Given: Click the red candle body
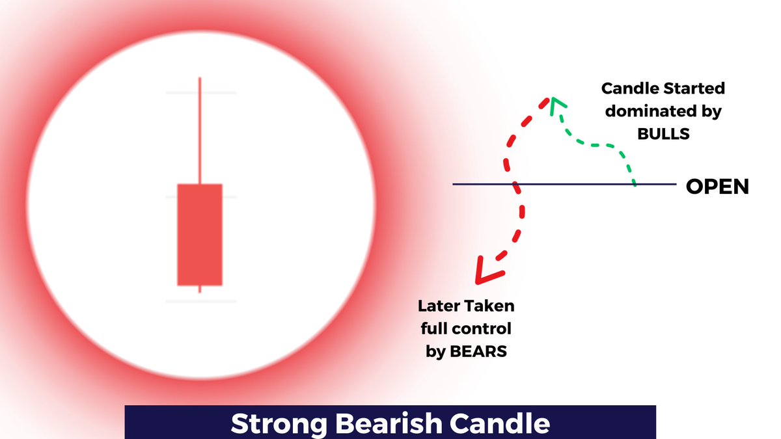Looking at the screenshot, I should [200, 234].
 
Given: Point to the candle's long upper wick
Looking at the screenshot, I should [200, 130].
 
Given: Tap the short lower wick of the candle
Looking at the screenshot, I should [200, 289].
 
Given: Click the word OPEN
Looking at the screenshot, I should [717, 187].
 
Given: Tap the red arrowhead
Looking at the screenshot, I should [485, 273].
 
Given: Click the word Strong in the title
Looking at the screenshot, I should [278, 424].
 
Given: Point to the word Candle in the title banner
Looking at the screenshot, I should [501, 424].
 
